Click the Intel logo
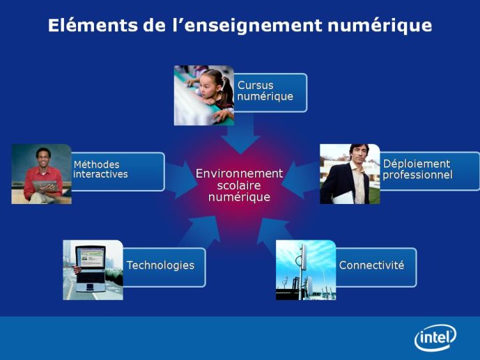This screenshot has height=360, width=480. click(435, 337)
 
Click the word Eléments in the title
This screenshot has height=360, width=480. click(93, 25)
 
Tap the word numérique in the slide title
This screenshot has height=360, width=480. click(380, 26)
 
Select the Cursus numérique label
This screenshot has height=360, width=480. click(265, 91)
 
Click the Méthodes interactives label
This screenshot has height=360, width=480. click(100, 169)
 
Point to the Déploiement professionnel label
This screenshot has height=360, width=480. click(417, 169)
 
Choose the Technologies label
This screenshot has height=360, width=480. click(160, 265)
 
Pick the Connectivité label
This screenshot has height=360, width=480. click(371, 265)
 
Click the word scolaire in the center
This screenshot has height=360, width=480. click(239, 185)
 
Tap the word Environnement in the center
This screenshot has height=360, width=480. click(239, 173)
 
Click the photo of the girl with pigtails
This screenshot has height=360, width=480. click(204, 95)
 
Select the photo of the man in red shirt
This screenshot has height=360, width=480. click(41, 174)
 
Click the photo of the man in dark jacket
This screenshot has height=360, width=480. click(350, 174)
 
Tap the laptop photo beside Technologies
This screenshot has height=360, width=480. click(93, 270)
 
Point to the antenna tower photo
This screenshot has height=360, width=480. click(306, 270)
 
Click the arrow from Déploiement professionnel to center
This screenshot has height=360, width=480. click(300, 180)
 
